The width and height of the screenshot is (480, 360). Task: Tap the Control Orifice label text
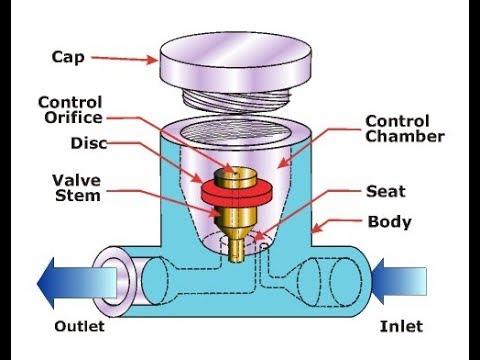tap(71, 110)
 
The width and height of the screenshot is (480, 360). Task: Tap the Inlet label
tap(401, 326)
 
